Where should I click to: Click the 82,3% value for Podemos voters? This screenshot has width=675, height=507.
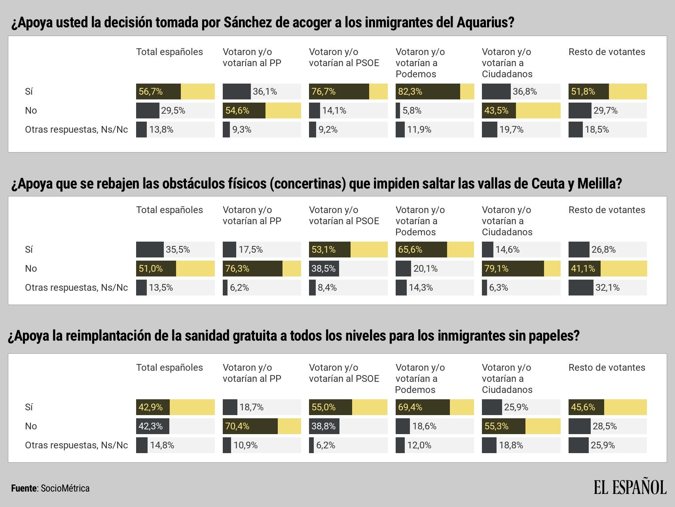point(410,91)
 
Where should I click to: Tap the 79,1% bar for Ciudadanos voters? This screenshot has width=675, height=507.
point(513,269)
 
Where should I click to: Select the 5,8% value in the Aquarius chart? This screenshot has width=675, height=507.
point(412,111)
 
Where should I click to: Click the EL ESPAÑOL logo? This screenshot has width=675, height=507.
point(630,487)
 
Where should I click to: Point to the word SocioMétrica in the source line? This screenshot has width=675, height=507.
point(65,488)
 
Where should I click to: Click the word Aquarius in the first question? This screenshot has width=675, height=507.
point(484,23)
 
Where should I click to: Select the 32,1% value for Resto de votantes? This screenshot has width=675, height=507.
point(607,288)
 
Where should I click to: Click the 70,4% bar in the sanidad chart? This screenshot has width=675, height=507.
point(250,426)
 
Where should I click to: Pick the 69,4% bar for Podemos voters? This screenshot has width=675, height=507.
point(423,407)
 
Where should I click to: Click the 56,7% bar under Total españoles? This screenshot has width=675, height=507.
point(158,91)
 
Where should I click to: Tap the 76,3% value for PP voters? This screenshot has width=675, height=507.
point(237,269)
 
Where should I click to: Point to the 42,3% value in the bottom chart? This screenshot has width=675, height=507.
point(150,426)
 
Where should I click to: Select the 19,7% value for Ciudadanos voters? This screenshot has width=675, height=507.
point(511,130)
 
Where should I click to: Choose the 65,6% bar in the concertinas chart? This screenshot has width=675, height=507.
point(421,250)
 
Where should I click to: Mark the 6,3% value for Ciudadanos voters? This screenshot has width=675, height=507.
point(498,288)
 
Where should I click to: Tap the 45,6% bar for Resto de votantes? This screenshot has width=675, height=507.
point(586,407)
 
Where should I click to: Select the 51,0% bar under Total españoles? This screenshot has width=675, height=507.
point(156,269)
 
